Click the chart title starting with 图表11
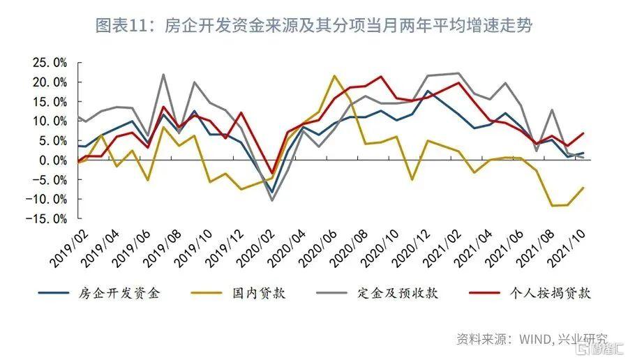tap(313, 26)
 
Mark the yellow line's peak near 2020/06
tap(334, 75)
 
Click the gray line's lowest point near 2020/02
tap(272, 200)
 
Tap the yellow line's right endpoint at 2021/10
tap(583, 187)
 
